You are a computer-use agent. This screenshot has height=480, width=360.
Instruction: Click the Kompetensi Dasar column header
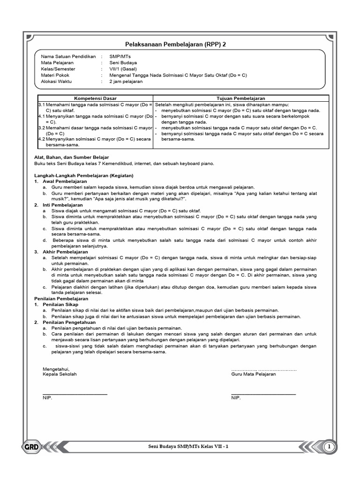tap(96, 98)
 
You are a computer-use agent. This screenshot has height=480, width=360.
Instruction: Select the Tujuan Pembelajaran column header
tap(240, 98)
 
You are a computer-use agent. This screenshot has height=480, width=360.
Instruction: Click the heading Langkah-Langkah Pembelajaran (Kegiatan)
tap(84, 175)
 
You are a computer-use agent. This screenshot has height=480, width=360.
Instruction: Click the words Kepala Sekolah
tap(60, 374)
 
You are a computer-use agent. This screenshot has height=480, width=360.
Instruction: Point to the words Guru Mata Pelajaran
tap(254, 374)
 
